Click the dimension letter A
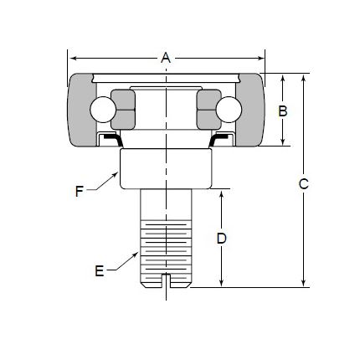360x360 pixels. [x=166, y=58]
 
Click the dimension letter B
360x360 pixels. [x=283, y=111]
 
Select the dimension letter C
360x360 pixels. [x=303, y=183]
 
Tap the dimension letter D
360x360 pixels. [x=221, y=239]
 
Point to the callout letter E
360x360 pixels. [x=100, y=271]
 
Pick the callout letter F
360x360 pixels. [x=80, y=192]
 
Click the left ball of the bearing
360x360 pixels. [x=103, y=110]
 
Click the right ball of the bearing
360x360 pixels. [x=229, y=110]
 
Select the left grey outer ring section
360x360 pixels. [x=81, y=110]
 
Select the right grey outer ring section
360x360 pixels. [x=250, y=110]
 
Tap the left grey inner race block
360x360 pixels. [x=123, y=110]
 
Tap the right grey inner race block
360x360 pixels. [x=208, y=110]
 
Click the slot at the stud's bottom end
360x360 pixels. [x=166, y=280]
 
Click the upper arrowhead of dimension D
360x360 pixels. [x=221, y=194]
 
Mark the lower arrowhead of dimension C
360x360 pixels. [x=303, y=283]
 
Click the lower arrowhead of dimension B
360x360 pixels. [x=283, y=141]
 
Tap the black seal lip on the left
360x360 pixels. [x=114, y=139]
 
